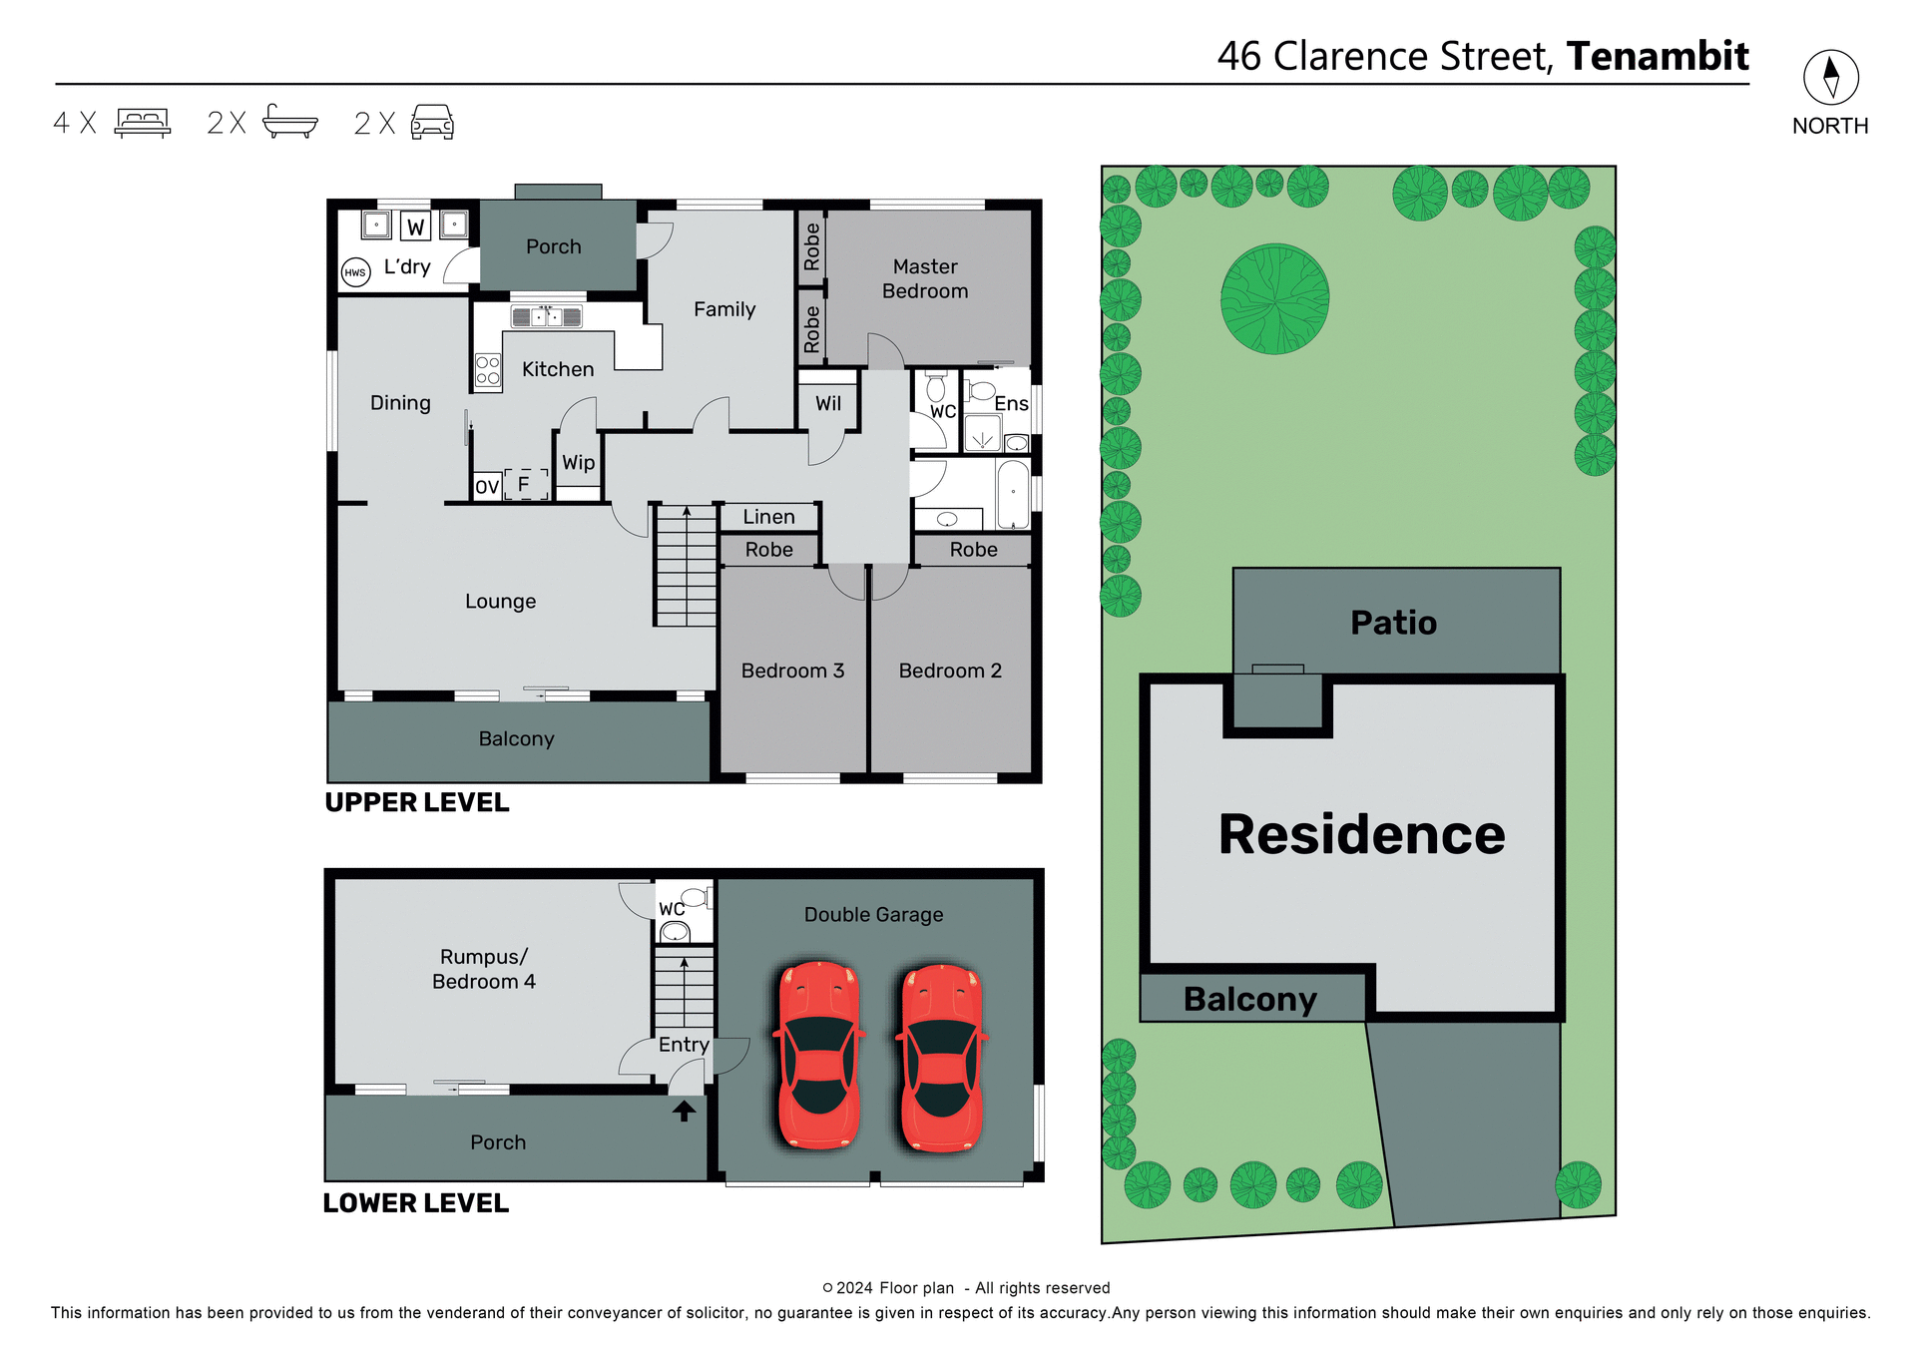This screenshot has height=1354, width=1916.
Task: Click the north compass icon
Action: pos(1830,77)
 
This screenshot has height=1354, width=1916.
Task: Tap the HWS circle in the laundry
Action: pos(355,272)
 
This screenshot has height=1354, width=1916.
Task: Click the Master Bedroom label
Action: pos(925,279)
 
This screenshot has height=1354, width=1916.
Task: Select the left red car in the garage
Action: pos(818,1056)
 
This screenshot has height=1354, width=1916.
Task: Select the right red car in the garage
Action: pos(942,1058)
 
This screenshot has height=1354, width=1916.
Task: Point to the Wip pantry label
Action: pos(578,463)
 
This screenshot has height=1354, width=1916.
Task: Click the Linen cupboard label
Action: pos(768,517)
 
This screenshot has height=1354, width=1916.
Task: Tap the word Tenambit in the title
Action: pos(1658,57)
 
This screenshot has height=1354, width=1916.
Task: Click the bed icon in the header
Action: pos(143,123)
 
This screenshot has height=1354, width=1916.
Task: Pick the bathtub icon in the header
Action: pos(289,122)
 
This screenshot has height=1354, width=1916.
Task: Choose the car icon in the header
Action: pos(432,123)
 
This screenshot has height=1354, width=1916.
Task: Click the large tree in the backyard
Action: pos(1274,299)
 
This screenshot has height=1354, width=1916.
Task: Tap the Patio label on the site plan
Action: pos(1393,623)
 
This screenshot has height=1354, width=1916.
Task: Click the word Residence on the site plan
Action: pos(1361,834)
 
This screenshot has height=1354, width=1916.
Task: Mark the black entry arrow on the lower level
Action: pos(684,1111)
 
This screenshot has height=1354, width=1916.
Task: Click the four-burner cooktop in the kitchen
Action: pos(488,371)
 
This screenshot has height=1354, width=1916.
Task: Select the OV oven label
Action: pos(487,487)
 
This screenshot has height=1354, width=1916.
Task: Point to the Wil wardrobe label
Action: pos(828,404)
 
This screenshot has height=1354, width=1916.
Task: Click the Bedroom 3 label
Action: pos(792,671)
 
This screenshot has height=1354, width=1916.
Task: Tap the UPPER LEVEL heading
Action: pos(417,802)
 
